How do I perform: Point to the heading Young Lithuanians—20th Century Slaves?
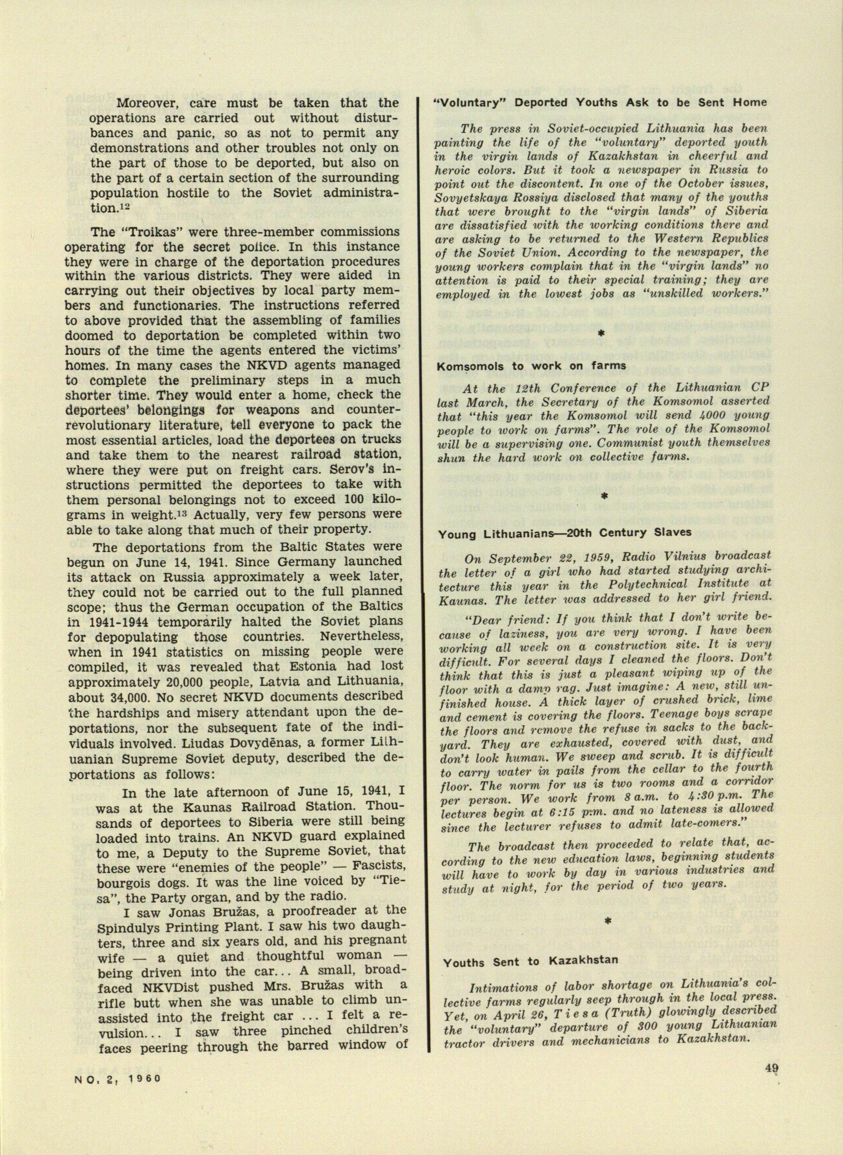click(x=565, y=532)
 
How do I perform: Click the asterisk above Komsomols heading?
click(x=601, y=332)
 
